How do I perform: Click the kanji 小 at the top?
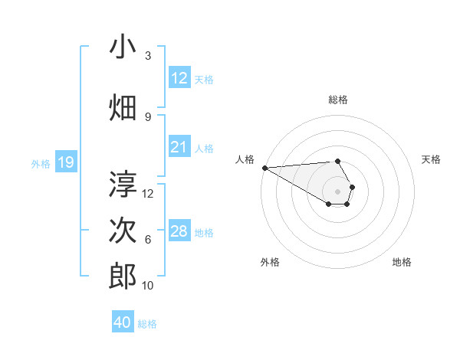coord(123,47)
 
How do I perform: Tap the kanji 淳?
coord(123,185)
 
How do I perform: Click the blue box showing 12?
coord(179,78)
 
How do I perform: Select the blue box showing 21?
coord(179,148)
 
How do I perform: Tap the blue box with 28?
coord(179,231)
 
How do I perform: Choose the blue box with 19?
coord(66,162)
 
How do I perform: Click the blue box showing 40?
coord(123,322)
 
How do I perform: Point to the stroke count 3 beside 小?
coord(148,56)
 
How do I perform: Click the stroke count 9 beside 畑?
coord(148,116)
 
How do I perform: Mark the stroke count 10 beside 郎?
coord(148,285)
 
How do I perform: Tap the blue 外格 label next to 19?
coord(40,163)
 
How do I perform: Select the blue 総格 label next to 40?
coord(147,323)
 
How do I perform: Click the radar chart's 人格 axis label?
coord(245,159)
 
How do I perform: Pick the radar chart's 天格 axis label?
coord(431,159)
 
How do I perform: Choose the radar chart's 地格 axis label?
coord(402,262)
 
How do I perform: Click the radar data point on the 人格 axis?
coord(264,168)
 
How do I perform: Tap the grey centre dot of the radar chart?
coord(337,191)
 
